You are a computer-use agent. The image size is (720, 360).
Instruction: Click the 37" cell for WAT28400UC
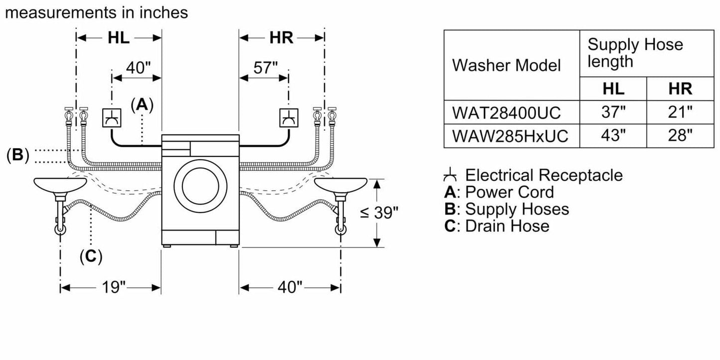pos(613,113)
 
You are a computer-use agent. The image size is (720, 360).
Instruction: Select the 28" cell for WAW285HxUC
pos(680,135)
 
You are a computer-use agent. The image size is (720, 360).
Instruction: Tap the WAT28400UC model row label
pos(506,113)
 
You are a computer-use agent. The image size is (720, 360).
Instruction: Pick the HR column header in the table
pos(680,89)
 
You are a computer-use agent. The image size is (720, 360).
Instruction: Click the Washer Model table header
pos(506,65)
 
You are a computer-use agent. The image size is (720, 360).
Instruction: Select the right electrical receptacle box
pos(288,117)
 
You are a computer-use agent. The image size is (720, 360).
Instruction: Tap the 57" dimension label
pos(265,68)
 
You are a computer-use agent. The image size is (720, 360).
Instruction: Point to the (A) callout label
pos(142,104)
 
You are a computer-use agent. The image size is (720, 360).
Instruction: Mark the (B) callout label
pos(17,155)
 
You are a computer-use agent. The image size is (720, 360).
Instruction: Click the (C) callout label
pos(91,256)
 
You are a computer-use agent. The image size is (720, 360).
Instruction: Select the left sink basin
pos(60,184)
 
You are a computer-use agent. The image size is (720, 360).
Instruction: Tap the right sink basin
pos(341,184)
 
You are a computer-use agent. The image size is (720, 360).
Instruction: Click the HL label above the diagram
pos(119,37)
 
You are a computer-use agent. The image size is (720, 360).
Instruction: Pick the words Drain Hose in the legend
pos(507,226)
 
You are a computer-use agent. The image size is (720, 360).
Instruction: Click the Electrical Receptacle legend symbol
pos(450,175)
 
